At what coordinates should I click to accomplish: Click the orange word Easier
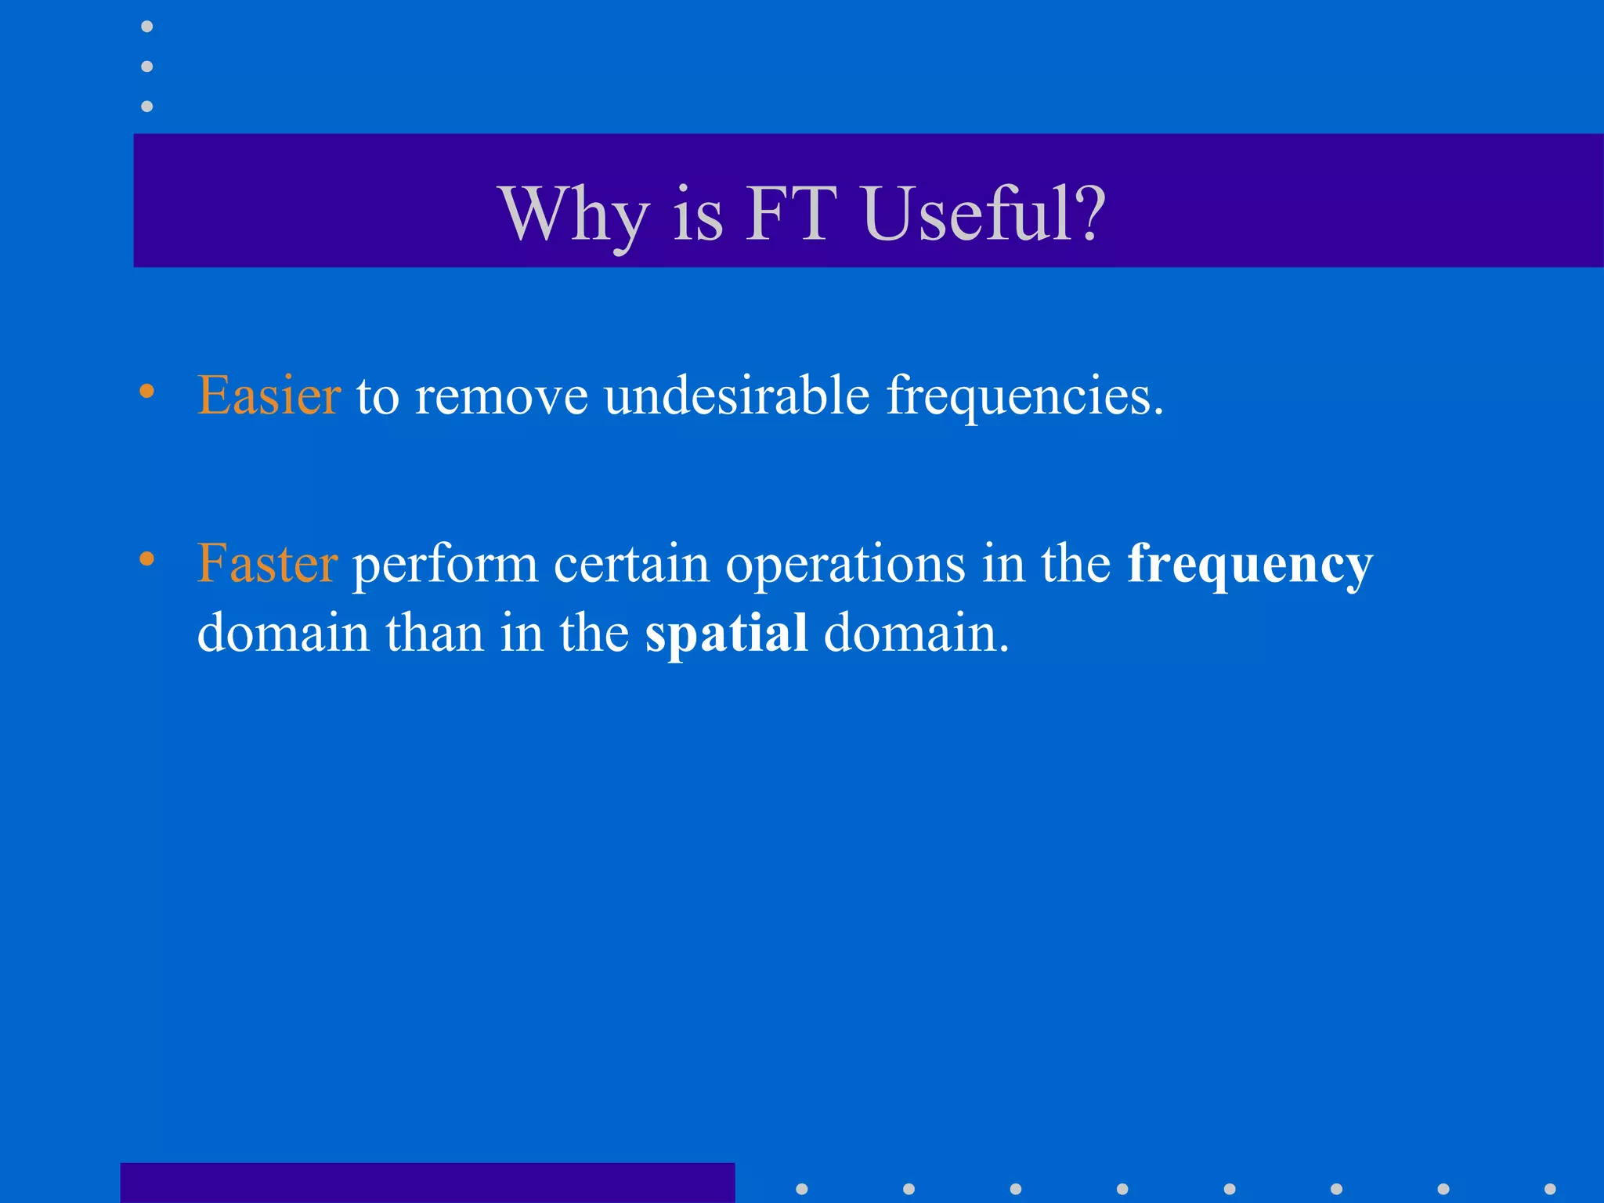(x=269, y=395)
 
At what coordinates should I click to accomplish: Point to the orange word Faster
(x=267, y=563)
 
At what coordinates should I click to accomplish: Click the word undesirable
(x=736, y=395)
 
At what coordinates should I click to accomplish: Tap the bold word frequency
(x=1249, y=565)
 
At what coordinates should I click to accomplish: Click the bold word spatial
(x=726, y=634)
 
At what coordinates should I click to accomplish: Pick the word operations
(x=845, y=565)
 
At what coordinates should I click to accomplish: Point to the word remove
(x=501, y=396)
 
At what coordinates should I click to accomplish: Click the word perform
(x=445, y=565)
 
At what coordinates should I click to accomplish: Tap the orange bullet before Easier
(x=146, y=391)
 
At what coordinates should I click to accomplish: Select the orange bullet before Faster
(x=146, y=558)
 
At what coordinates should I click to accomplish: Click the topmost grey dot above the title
(x=146, y=27)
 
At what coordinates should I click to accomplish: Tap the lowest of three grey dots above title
(x=146, y=106)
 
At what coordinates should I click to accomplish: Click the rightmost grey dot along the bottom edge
(x=1549, y=1189)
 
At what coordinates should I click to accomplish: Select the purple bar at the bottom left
(x=427, y=1183)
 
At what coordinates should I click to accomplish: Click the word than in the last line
(x=434, y=633)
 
